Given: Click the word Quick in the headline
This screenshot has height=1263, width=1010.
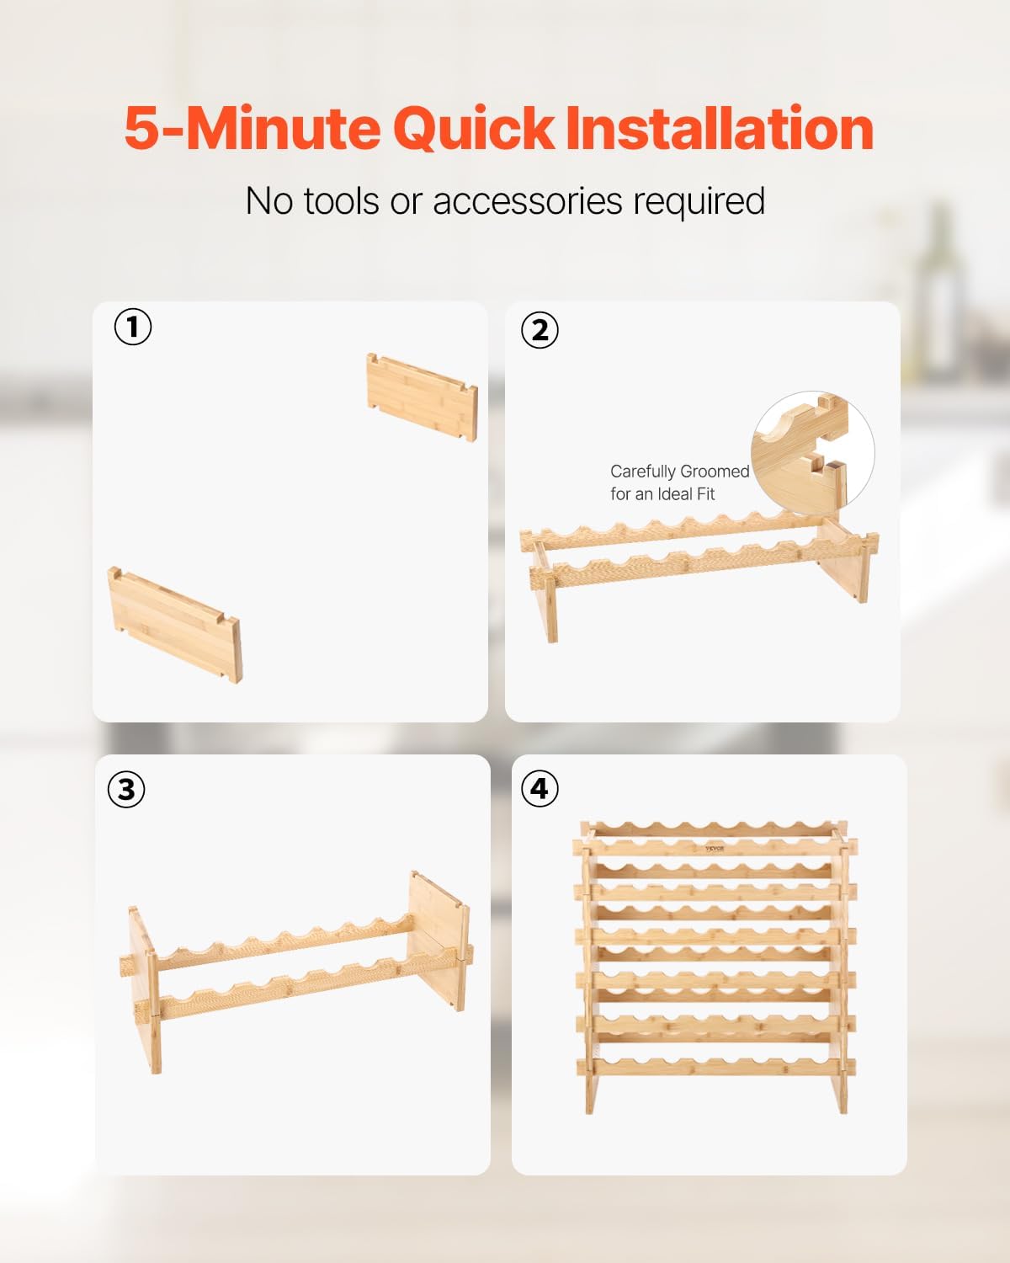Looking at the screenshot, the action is click(x=473, y=129).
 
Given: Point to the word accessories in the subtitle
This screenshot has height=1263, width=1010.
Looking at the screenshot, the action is click(x=527, y=201).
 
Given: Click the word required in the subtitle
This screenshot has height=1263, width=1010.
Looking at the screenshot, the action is click(x=699, y=202).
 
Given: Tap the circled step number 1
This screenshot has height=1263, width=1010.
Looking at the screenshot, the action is click(x=133, y=327).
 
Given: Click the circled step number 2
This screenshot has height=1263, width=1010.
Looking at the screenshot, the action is click(x=540, y=330).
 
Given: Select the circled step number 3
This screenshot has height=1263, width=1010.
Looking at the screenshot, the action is click(x=127, y=790).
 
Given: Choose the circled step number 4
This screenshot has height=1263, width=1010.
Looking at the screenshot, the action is click(x=540, y=789).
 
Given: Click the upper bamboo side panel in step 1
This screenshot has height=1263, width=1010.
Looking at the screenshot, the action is click(x=422, y=397).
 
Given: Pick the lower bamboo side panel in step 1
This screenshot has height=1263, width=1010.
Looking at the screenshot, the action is click(x=174, y=625).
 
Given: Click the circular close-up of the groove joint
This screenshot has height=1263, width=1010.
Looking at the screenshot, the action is click(x=813, y=453).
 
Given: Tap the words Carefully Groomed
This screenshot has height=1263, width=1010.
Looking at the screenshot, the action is click(x=679, y=472).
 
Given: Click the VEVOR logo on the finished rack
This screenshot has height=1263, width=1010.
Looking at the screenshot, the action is click(x=715, y=849).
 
